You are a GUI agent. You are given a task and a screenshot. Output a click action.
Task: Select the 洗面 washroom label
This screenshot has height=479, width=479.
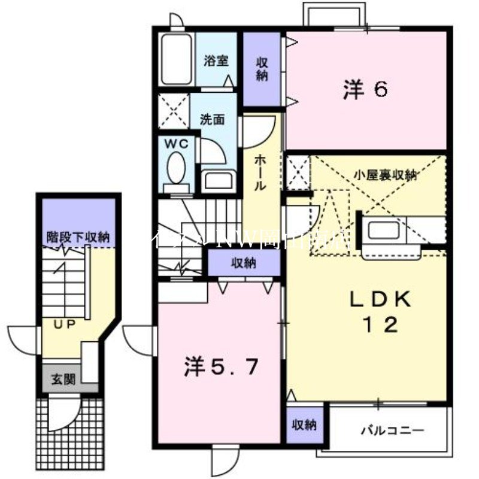click(212, 119)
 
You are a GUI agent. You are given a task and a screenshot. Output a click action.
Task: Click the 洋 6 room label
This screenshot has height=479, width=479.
click(365, 89)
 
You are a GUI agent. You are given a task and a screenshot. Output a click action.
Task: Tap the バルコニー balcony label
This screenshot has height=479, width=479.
click(393, 431)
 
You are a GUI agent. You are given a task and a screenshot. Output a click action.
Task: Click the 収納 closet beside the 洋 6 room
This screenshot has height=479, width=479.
click(262, 69)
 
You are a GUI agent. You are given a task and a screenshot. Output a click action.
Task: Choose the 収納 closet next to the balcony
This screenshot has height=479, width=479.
click(304, 425)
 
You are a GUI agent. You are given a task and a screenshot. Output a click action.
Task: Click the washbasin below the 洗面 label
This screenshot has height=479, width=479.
click(213, 180)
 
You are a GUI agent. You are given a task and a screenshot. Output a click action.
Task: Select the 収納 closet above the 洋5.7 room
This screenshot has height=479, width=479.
click(244, 262)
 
